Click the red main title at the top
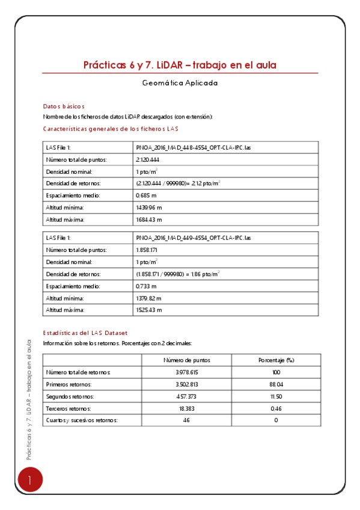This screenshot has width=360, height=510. (180, 65)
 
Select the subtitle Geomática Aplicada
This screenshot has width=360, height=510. (180, 84)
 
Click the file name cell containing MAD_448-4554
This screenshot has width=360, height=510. (194, 147)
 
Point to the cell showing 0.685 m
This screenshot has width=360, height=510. (147, 195)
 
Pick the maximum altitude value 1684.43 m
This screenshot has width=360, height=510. (149, 220)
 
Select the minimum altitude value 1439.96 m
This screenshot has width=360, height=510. (149, 207)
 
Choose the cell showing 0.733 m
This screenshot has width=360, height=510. (147, 286)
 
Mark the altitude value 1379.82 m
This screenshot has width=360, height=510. (149, 298)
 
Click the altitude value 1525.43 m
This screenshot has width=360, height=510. (149, 310)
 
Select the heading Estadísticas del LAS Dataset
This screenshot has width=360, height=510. (85, 333)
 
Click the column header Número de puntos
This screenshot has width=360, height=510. (187, 360)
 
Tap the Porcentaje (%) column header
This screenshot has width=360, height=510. (276, 360)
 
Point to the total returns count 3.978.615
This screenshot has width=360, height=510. (187, 372)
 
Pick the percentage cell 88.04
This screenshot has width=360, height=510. (276, 384)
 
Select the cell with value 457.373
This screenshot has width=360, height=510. (187, 396)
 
